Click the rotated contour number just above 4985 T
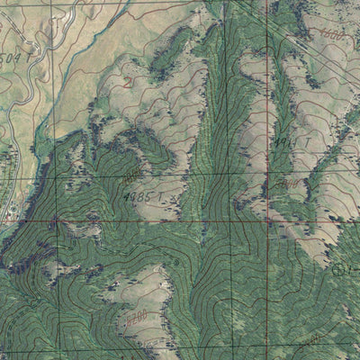131,171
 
